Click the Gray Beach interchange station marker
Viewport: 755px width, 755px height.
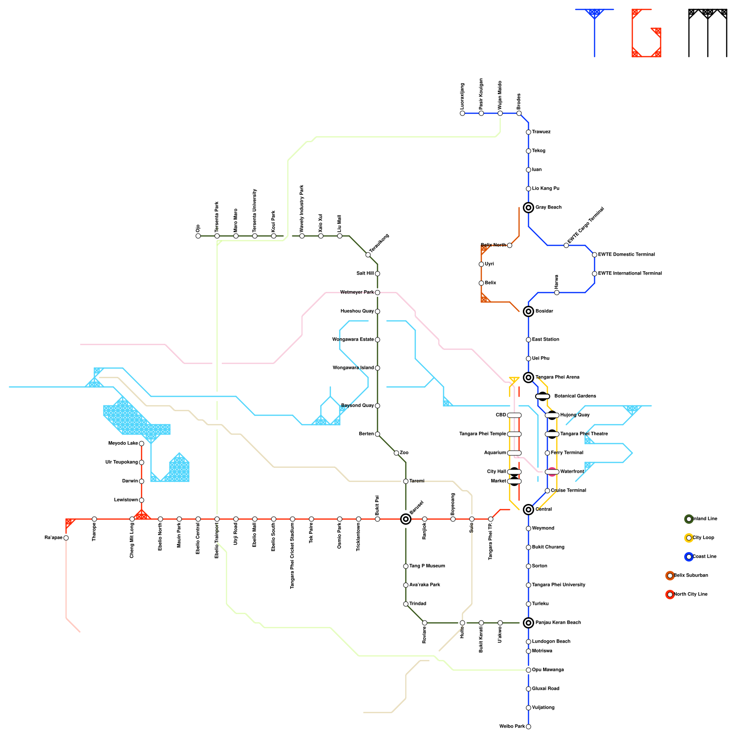[x=528, y=208]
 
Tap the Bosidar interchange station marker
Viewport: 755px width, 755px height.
[x=528, y=311]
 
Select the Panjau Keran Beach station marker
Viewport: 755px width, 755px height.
[x=528, y=623]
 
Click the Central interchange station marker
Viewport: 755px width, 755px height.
[x=528, y=510]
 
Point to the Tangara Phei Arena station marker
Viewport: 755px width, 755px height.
[x=528, y=377]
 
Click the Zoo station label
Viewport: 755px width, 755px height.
[x=404, y=453]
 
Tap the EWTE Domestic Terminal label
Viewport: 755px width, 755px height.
[x=626, y=255]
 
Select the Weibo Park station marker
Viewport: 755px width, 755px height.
[x=528, y=727]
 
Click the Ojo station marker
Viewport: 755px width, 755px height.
[x=198, y=236]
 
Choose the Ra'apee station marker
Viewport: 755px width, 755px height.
[x=66, y=538]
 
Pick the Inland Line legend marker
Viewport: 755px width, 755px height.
[x=689, y=519]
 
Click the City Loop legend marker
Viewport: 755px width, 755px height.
[x=689, y=538]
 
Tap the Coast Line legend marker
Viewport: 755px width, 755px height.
[x=689, y=557]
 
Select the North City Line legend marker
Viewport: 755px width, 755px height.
[x=670, y=595]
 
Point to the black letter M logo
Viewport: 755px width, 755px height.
[x=708, y=32]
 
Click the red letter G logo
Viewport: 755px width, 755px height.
[x=646, y=33]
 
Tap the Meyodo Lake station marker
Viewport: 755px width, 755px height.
[x=142, y=444]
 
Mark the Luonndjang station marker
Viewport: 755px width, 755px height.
[x=462, y=113]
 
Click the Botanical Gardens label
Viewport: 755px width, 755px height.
[x=575, y=396]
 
